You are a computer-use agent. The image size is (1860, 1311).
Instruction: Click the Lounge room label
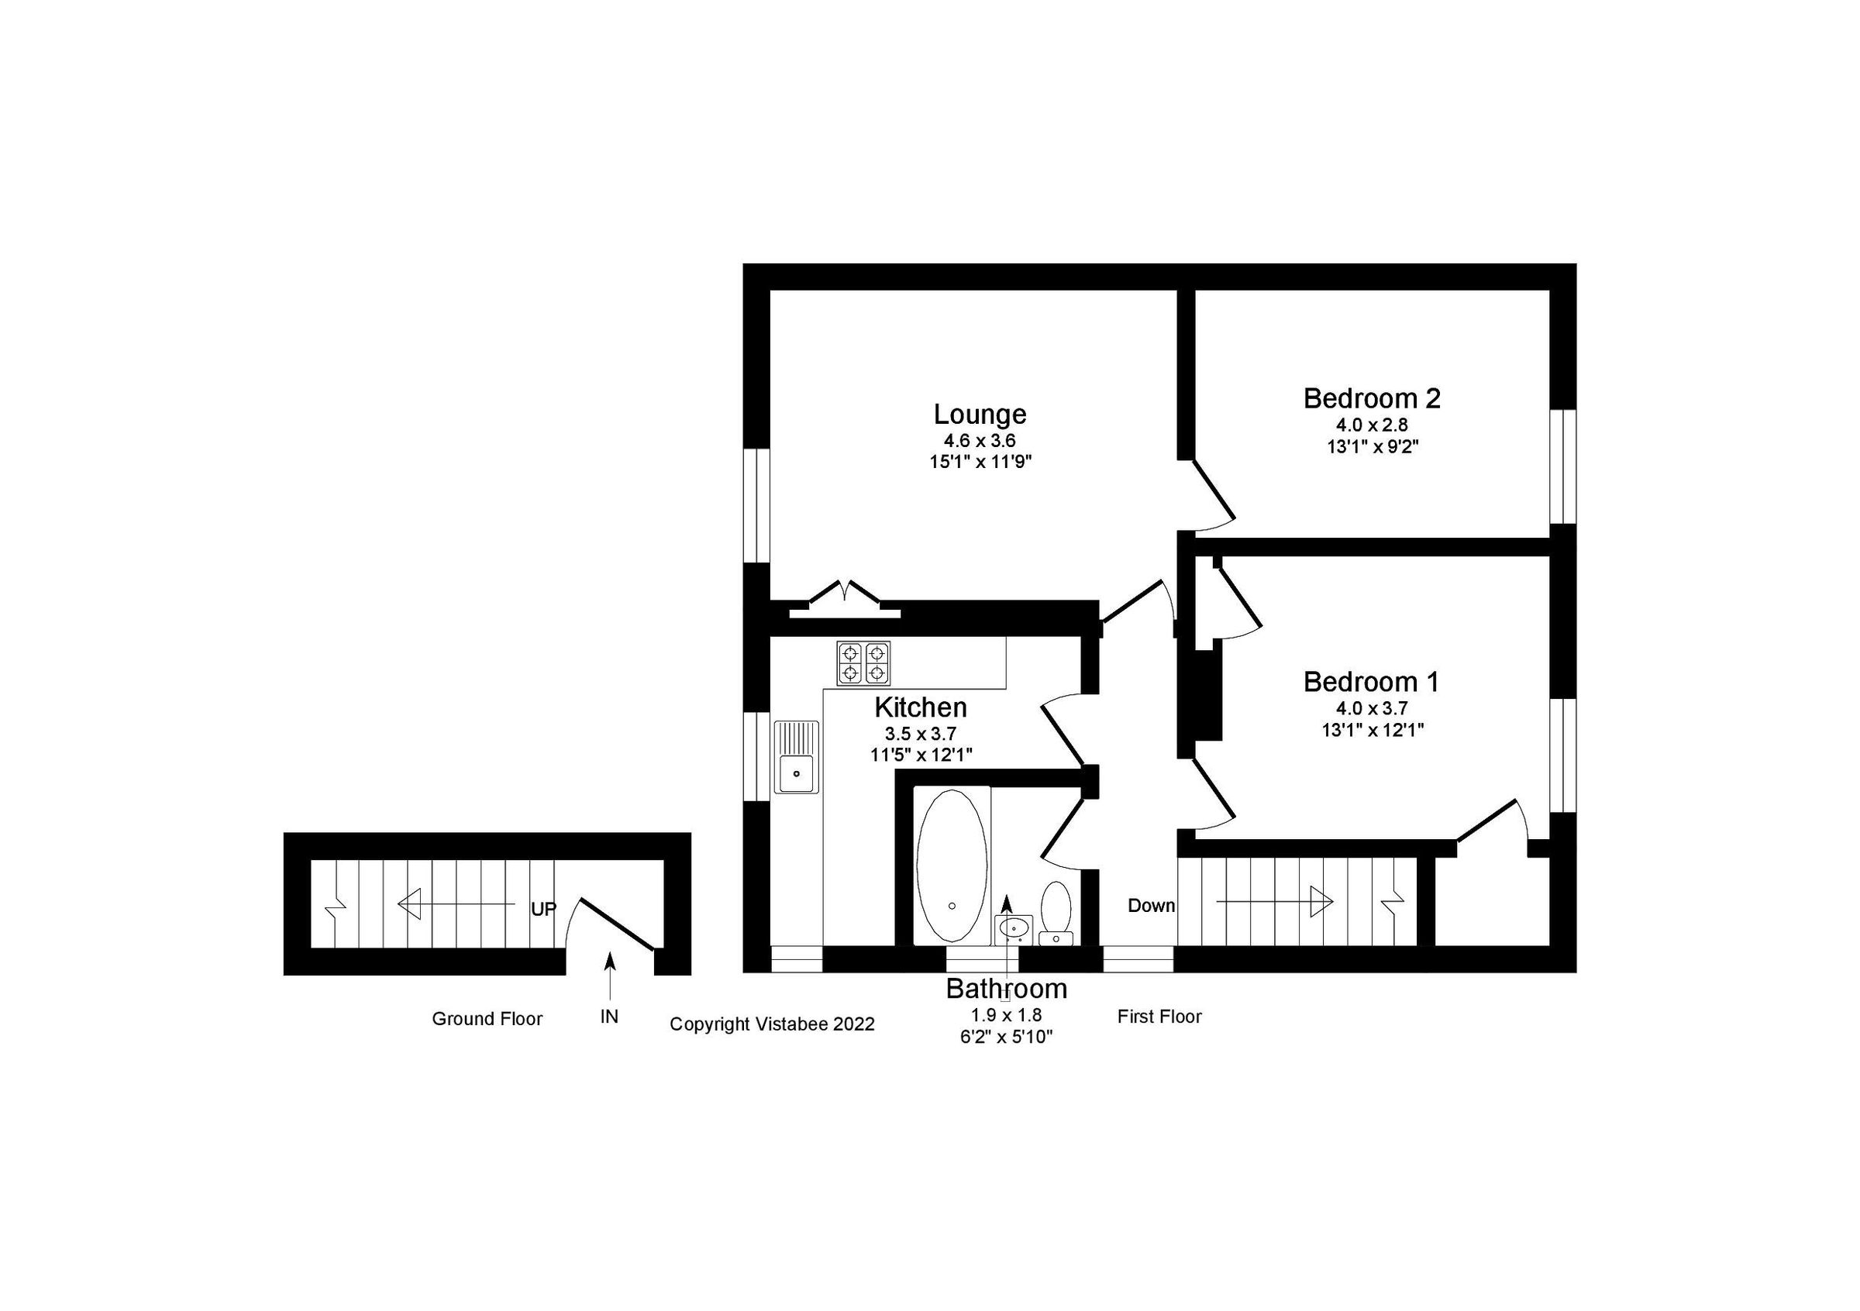click(x=980, y=415)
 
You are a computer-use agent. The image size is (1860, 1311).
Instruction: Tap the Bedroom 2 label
click(x=1372, y=398)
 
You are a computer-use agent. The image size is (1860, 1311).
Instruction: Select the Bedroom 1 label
click(x=1371, y=682)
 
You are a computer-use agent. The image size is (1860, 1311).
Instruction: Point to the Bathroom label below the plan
click(x=1006, y=989)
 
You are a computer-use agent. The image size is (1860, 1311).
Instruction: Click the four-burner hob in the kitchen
click(x=863, y=663)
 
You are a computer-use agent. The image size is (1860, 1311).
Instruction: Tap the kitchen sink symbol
click(x=797, y=756)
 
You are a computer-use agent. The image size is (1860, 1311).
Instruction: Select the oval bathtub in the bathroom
click(x=951, y=865)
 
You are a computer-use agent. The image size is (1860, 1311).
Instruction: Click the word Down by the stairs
click(x=1151, y=905)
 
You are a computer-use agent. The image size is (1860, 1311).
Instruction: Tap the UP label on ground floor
click(x=543, y=910)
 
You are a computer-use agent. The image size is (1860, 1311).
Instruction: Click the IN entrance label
click(x=609, y=1017)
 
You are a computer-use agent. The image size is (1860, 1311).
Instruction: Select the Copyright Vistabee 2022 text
click(x=772, y=1024)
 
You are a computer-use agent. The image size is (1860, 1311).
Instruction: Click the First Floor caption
click(x=1159, y=1017)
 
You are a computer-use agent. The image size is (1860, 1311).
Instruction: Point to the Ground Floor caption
click(x=487, y=1019)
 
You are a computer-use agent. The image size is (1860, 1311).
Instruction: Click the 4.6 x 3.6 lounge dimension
click(x=979, y=442)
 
